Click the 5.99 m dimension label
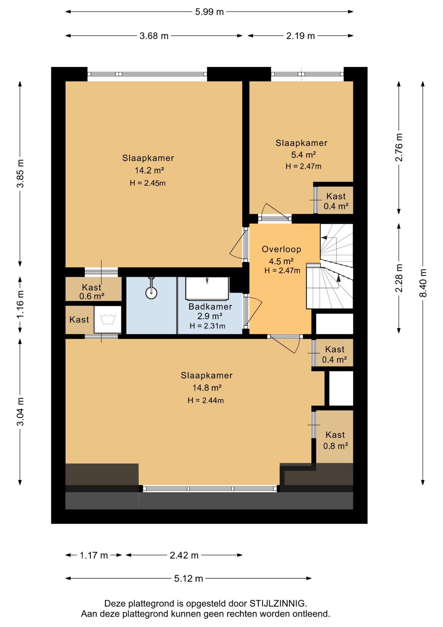pos(209,12)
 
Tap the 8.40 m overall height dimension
pos(423,283)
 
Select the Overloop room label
pos(282,249)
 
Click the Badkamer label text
pos(210,307)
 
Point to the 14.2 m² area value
pos(149,170)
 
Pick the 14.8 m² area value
pos(207,388)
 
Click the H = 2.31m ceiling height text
pos(207,326)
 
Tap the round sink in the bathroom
pos(151,293)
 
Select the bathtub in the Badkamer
pos(207,289)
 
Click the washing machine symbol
pos(108,319)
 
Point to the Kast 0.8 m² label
pos(335,440)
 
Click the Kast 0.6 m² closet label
pos(92,292)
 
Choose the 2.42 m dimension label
pos(184,555)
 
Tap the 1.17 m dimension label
pos(94,555)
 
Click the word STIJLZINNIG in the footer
pos(278,603)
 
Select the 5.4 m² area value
pos(303,154)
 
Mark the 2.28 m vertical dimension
pos(399,278)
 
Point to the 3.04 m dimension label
pos(20,412)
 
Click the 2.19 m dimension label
pos(300,36)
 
